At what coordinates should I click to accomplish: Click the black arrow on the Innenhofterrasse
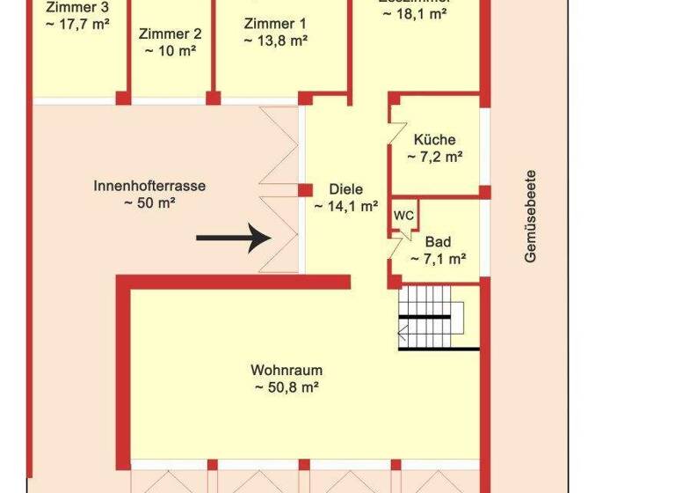click(234, 237)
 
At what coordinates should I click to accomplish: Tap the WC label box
click(403, 215)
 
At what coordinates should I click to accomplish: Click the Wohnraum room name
click(287, 370)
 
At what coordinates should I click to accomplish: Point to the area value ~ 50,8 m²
click(287, 387)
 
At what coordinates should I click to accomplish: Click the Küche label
click(435, 140)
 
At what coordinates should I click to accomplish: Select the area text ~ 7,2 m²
click(435, 158)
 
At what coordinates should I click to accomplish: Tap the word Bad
click(438, 242)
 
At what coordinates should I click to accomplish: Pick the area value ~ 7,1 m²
click(438, 260)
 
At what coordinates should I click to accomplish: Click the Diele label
click(345, 189)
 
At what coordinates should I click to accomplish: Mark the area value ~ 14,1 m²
click(345, 207)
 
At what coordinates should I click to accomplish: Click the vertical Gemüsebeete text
click(531, 216)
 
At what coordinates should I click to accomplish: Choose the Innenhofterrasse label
click(149, 186)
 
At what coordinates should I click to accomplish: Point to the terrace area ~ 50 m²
click(149, 203)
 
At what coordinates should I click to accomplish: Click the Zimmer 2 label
click(171, 34)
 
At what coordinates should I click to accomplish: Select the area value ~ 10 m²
click(171, 51)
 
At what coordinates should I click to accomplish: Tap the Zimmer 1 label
click(275, 24)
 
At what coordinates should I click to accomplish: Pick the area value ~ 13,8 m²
click(275, 40)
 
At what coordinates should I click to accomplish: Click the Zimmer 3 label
click(76, 7)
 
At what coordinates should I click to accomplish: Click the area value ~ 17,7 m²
click(76, 24)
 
